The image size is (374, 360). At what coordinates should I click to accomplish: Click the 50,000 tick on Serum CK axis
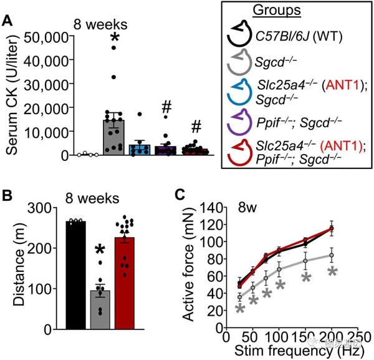pos(47,37)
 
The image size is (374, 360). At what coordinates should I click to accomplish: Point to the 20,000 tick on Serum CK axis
pos(47,108)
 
